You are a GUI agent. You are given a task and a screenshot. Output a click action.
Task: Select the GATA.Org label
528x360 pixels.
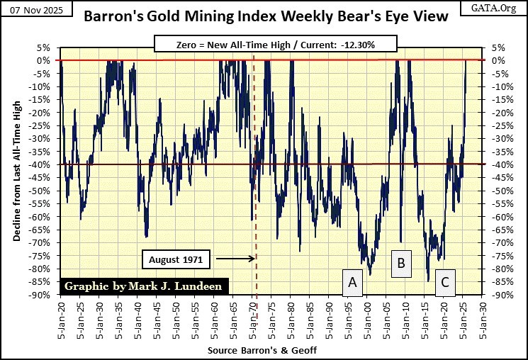[x=499, y=7]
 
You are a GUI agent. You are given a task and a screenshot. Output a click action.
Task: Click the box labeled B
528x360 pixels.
[x=400, y=264]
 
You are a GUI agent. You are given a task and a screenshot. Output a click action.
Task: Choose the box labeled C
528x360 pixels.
[x=444, y=282]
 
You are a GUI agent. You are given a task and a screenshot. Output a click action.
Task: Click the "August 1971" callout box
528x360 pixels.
[x=176, y=259]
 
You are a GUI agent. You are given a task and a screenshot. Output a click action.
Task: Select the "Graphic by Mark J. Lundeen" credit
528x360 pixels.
[x=145, y=286]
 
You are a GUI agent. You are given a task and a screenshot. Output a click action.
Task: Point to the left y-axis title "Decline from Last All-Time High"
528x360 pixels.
[x=16, y=170]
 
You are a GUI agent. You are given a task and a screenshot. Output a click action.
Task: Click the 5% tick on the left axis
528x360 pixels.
[x=45, y=47]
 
